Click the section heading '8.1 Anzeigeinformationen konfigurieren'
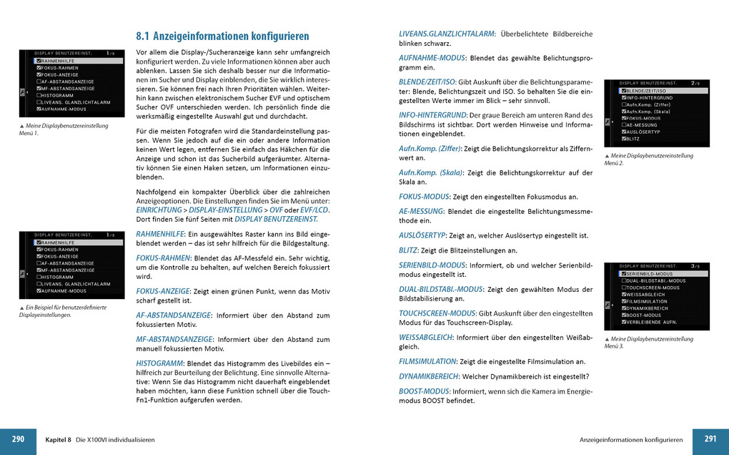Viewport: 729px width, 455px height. pyautogui.click(x=222, y=36)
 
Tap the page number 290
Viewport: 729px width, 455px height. pyautogui.click(x=18, y=439)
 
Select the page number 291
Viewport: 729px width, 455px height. pyautogui.click(x=710, y=439)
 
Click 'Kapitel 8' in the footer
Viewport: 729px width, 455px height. pyautogui.click(x=59, y=439)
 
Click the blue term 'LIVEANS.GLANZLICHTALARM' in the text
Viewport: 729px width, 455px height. pyautogui.click(x=446, y=34)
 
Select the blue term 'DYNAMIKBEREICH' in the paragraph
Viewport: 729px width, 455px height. pyautogui.click(x=427, y=376)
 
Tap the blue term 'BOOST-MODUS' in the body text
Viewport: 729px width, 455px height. pyautogui.click(x=424, y=391)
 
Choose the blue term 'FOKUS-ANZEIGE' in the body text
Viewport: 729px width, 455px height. pyautogui.click(x=162, y=291)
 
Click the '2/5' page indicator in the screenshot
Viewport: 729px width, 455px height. pyautogui.click(x=695, y=83)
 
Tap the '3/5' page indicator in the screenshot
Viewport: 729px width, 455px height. pyautogui.click(x=695, y=266)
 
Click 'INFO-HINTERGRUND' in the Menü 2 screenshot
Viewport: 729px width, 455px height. pyautogui.click(x=650, y=98)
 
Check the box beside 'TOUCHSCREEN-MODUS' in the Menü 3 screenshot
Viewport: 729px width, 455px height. pyautogui.click(x=623, y=288)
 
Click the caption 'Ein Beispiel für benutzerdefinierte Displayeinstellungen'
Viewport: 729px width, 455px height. pyautogui.click(x=63, y=310)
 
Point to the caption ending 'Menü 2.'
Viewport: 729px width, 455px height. pyautogui.click(x=648, y=159)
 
